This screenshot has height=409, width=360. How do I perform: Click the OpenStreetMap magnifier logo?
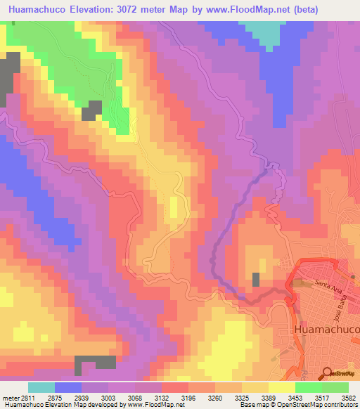326,373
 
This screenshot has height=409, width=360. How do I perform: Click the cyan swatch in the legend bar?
41,387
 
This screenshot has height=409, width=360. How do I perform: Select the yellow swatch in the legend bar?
282,387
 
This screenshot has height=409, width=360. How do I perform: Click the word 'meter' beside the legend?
8,397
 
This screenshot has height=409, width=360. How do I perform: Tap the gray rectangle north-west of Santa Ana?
256,279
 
